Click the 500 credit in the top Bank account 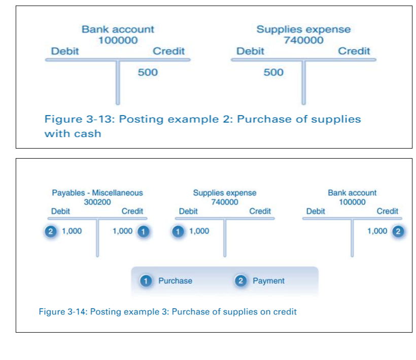pyautogui.click(x=148, y=73)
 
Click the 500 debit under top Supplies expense pyautogui.click(x=273, y=73)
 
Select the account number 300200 pyautogui.click(x=97, y=202)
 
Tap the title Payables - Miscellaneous pyautogui.click(x=97, y=193)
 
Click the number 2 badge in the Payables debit pyautogui.click(x=50, y=231)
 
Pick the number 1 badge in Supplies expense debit pyautogui.click(x=178, y=231)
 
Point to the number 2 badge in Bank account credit pyautogui.click(x=398, y=231)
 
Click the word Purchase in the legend pyautogui.click(x=175, y=280)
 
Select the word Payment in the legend pyautogui.click(x=268, y=280)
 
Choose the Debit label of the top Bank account pyautogui.click(x=64, y=51)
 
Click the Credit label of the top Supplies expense pyautogui.click(x=354, y=51)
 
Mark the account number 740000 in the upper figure pyautogui.click(x=303, y=41)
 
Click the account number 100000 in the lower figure pyautogui.click(x=352, y=202)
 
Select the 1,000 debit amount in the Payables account pyautogui.click(x=72, y=231)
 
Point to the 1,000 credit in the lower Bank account pyautogui.click(x=377, y=231)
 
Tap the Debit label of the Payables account pyautogui.click(x=61, y=211)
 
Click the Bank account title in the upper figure pyautogui.click(x=118, y=30)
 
